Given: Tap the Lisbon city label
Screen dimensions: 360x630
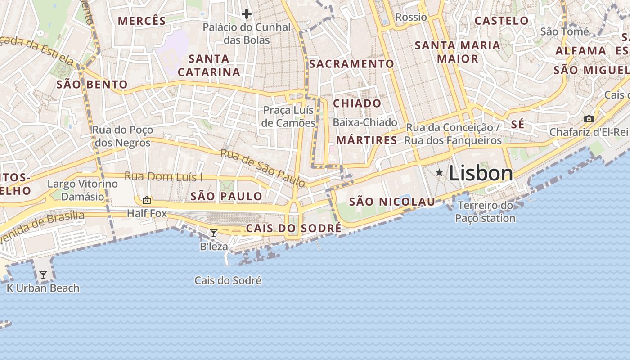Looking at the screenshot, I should [481, 173].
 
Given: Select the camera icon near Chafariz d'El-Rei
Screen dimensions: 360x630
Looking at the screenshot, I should [589, 119].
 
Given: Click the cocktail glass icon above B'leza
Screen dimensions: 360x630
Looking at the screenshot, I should [214, 233].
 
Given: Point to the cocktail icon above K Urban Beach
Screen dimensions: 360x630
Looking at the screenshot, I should [43, 274].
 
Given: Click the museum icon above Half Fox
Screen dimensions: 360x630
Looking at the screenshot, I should [147, 200].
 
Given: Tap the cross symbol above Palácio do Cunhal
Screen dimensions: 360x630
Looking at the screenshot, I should [246, 14].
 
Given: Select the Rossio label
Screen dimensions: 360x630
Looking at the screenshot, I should [411, 17].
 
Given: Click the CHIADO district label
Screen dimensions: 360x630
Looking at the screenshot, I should [357, 103].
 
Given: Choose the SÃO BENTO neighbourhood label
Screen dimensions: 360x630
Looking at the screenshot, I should [92, 85].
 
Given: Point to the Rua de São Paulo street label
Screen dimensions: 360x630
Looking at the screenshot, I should [263, 168].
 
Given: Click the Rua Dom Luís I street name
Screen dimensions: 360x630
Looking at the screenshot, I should [163, 176].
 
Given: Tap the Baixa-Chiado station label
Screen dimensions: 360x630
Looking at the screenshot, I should [365, 122].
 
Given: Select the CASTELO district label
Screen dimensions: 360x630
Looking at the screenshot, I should [501, 21].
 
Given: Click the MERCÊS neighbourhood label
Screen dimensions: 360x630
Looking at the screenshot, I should [142, 21].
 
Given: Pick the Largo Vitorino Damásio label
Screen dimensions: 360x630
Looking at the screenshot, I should [83, 190].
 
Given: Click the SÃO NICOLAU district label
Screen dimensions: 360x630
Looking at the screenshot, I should [392, 202].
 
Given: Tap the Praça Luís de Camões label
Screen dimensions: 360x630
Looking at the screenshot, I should [288, 117].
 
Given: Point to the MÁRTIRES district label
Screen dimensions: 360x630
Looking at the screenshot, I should [367, 140].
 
